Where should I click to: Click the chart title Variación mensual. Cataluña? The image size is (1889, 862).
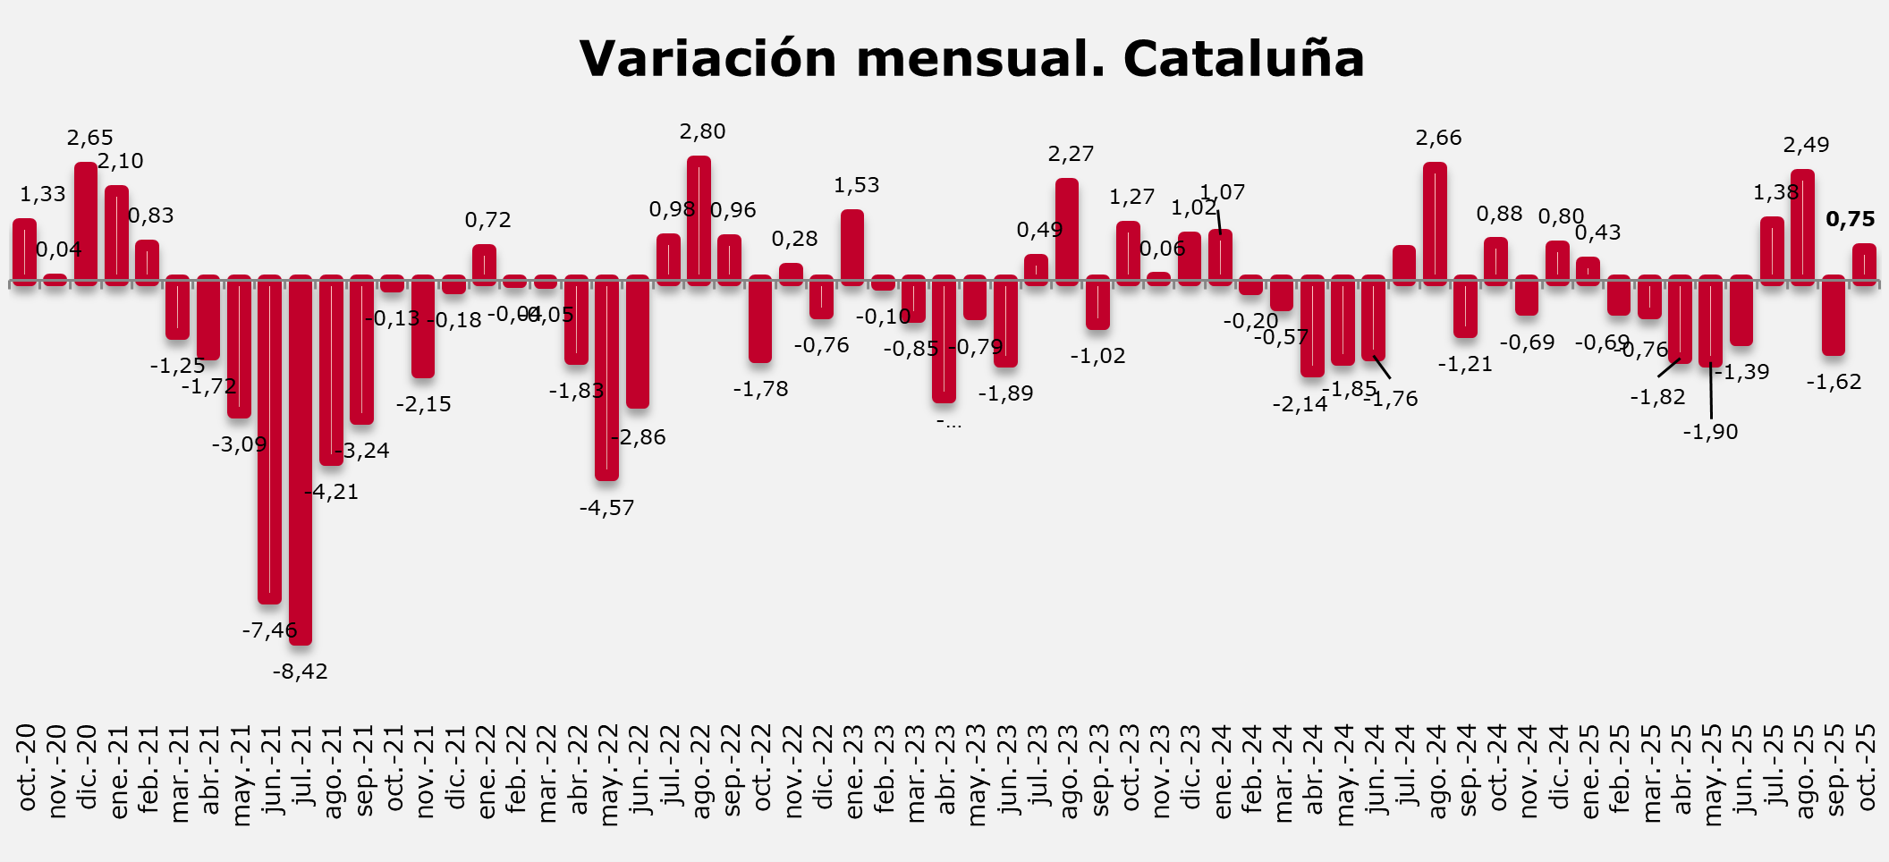[x=971, y=59]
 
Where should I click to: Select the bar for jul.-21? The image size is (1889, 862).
[x=301, y=461]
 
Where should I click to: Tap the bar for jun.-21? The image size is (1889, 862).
[x=269, y=440]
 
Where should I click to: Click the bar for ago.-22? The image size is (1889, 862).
[x=699, y=220]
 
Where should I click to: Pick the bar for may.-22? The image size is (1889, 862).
[x=606, y=378]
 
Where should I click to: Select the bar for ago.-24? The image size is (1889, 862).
[x=1435, y=224]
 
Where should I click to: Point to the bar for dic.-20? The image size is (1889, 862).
[x=86, y=224]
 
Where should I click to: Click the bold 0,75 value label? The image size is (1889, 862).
[x=1850, y=220]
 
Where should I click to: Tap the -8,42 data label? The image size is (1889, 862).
[x=301, y=672]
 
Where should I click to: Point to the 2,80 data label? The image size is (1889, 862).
[x=702, y=132]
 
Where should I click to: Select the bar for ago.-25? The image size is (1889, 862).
[x=1802, y=227]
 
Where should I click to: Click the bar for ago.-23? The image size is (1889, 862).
[x=1067, y=232]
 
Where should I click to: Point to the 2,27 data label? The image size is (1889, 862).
[x=1071, y=155]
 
